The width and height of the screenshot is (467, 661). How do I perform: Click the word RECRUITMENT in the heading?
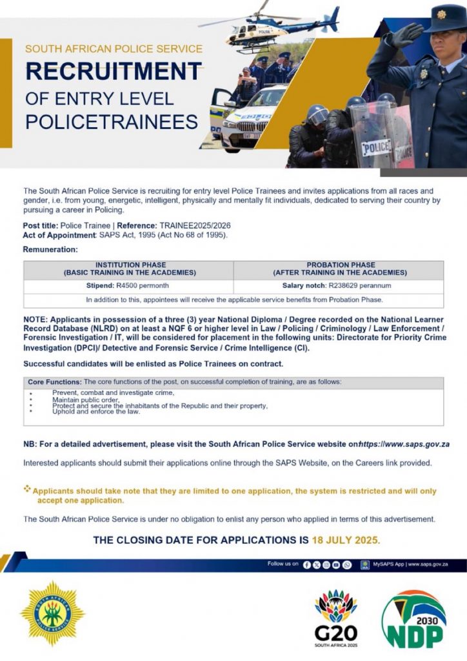114,71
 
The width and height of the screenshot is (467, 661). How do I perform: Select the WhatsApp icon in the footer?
347,564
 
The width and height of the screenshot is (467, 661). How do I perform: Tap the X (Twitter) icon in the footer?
317,564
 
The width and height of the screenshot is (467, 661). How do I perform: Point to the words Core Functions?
55,382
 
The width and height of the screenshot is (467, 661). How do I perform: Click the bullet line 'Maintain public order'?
86,400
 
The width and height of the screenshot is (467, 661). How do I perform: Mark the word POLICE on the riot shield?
375,147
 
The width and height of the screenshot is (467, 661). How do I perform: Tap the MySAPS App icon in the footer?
364,564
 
